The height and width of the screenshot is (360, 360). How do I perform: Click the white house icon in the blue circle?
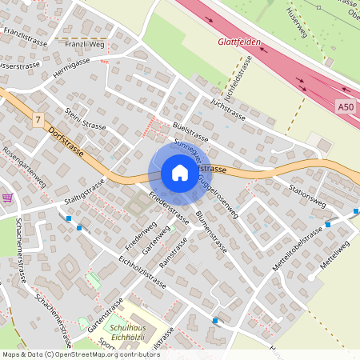[x=179, y=173]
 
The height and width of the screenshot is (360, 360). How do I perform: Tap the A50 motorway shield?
[x=345, y=106]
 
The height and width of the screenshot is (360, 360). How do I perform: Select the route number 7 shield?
[x=38, y=119]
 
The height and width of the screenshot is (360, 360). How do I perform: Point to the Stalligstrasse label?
[x=86, y=192]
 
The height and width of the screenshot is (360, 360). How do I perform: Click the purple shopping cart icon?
[x=8, y=198]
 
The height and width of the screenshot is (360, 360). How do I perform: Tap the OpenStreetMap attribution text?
[x=81, y=354]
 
